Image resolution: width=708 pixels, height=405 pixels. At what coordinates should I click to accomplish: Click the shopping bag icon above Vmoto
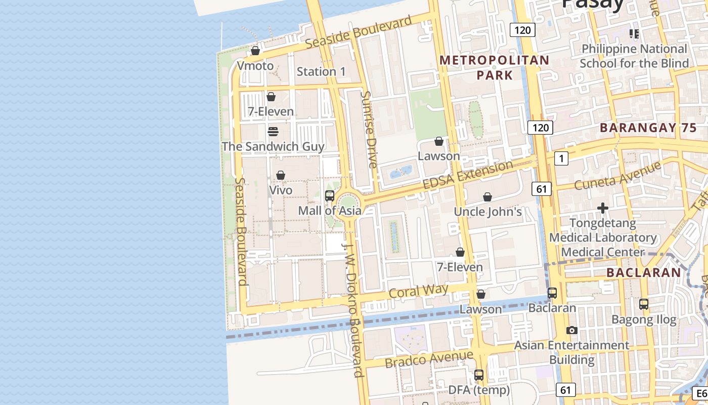[255, 51]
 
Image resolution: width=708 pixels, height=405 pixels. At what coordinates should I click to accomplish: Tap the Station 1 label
[321, 72]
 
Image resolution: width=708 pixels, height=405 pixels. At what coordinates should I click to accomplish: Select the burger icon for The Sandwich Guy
[273, 132]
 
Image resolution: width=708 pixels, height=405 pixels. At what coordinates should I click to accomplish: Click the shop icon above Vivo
[280, 175]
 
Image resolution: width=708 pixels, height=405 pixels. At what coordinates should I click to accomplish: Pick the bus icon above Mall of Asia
[330, 196]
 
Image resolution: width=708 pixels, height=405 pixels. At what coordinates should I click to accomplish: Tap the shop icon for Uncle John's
[488, 197]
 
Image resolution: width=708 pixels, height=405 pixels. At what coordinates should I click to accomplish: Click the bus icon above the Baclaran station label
[552, 293]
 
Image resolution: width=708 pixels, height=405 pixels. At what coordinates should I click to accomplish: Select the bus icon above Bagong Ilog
[644, 304]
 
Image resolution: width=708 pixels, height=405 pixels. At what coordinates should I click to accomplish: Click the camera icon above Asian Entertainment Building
[572, 330]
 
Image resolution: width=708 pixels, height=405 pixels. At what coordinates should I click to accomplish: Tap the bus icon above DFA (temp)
[479, 375]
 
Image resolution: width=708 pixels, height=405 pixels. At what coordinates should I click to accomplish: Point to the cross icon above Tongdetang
[603, 208]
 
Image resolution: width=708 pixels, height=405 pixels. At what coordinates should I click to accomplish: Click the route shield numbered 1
[561, 158]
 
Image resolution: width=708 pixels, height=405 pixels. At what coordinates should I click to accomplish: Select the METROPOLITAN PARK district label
[494, 68]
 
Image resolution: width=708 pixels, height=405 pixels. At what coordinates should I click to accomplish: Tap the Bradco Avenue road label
[429, 359]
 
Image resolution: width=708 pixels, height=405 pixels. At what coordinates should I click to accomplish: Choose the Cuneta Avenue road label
[617, 176]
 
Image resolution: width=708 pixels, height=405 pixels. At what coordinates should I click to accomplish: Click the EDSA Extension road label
[468, 175]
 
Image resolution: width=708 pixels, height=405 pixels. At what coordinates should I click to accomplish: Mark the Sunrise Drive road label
[370, 130]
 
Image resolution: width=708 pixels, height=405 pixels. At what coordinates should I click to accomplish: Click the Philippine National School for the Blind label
[634, 56]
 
